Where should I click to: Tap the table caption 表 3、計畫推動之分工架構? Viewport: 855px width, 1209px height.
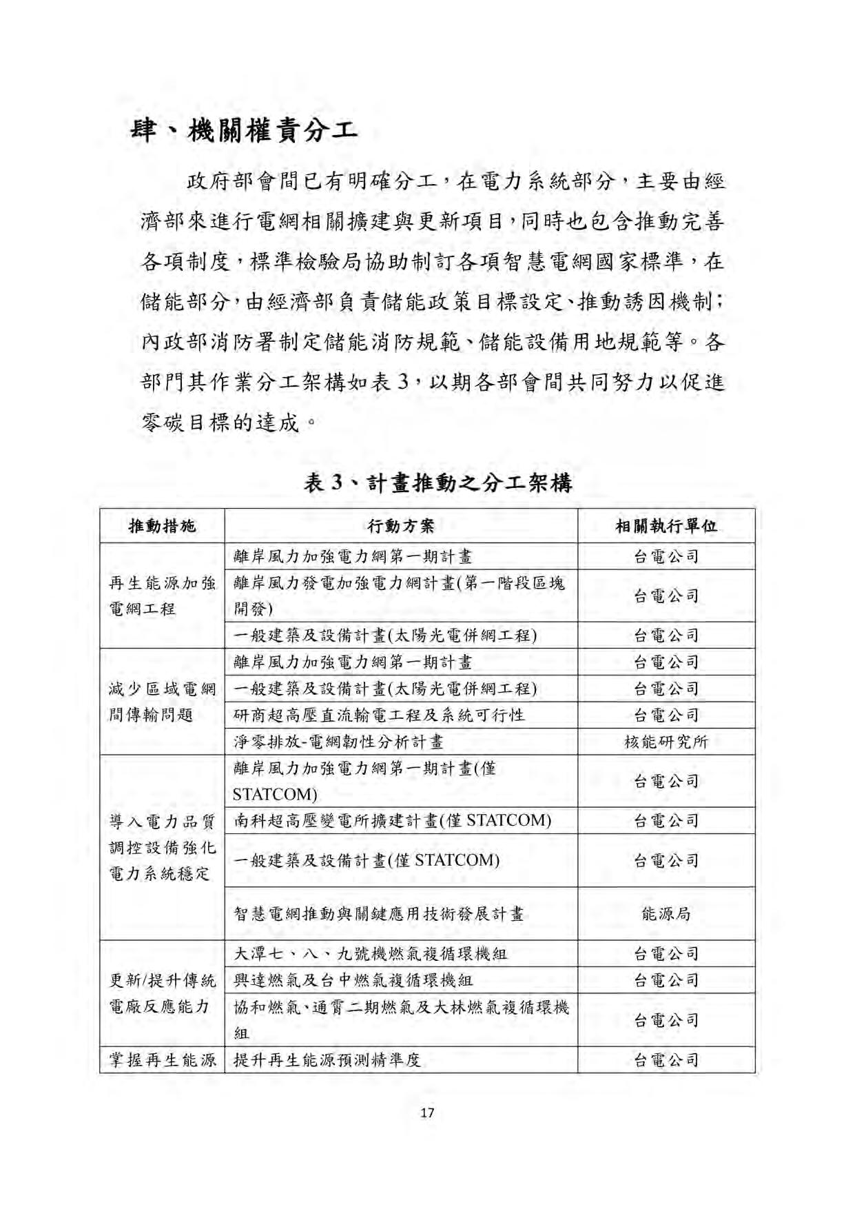pyautogui.click(x=437, y=482)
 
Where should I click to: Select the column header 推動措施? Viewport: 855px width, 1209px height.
pyautogui.click(x=163, y=527)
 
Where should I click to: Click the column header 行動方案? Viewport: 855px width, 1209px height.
pyautogui.click(x=401, y=527)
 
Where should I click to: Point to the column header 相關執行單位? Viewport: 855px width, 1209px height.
pyautogui.click(x=666, y=527)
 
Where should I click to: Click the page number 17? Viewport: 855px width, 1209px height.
pyautogui.click(x=427, y=1113)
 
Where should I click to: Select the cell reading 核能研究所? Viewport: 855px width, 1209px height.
pyautogui.click(x=666, y=742)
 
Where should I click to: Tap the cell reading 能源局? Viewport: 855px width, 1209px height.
pyautogui.click(x=666, y=914)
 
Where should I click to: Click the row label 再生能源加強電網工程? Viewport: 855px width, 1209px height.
pyautogui.click(x=163, y=596)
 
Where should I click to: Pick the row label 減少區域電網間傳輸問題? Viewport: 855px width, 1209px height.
pyautogui.click(x=163, y=702)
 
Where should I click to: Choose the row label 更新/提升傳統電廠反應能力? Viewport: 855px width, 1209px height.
pyautogui.click(x=163, y=993)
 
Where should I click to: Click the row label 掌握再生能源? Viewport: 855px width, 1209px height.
pyautogui.click(x=163, y=1060)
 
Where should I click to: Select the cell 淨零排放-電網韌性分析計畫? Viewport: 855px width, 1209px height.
pyautogui.click(x=338, y=742)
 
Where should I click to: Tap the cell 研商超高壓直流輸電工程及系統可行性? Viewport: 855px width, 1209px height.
pyautogui.click(x=379, y=715)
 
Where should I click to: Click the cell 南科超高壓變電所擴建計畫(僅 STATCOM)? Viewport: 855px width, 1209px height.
pyautogui.click(x=393, y=820)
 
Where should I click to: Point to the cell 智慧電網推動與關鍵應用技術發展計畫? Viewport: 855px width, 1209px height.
pyautogui.click(x=379, y=914)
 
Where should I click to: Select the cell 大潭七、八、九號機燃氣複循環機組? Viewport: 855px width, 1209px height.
pyautogui.click(x=371, y=954)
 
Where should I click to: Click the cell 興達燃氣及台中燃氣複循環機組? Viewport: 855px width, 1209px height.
pyautogui.click(x=353, y=980)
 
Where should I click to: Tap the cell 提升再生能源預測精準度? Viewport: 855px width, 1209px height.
pyautogui.click(x=327, y=1060)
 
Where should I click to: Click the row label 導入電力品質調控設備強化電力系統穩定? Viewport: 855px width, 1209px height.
pyautogui.click(x=163, y=847)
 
